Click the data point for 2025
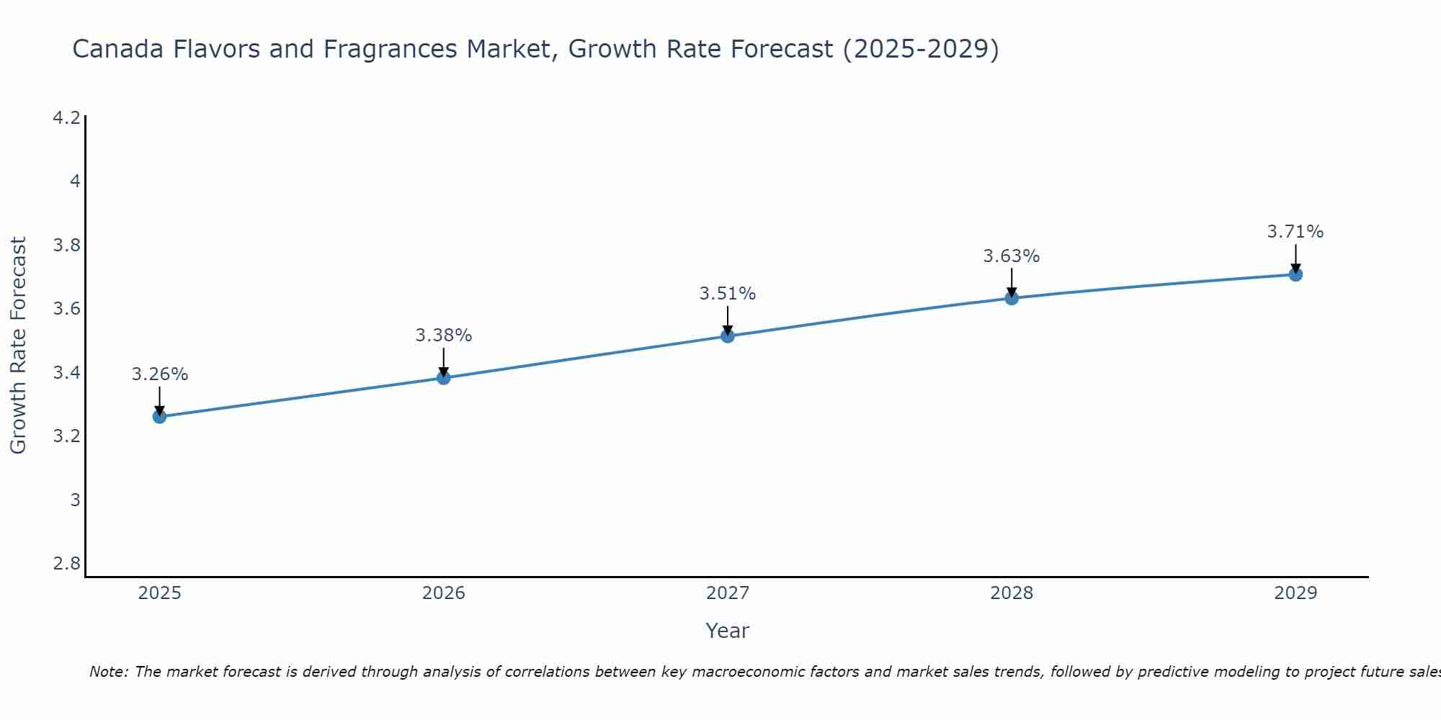coord(159,416)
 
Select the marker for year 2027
coord(728,336)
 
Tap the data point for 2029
coord(1295,274)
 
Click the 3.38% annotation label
coord(444,336)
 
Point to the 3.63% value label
coord(1012,256)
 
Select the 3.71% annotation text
coord(1295,232)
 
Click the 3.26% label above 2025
coord(159,374)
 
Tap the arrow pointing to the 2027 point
coord(728,320)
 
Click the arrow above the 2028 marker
coord(1012,282)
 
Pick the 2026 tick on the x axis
coord(444,593)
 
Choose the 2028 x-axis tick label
coord(1012,593)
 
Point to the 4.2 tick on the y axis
coord(67,117)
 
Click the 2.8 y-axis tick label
coord(67,563)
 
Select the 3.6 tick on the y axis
coord(67,309)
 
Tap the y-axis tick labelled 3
coord(75,500)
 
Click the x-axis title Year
coord(728,631)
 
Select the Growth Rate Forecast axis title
coord(18,346)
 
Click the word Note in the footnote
coord(108,672)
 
